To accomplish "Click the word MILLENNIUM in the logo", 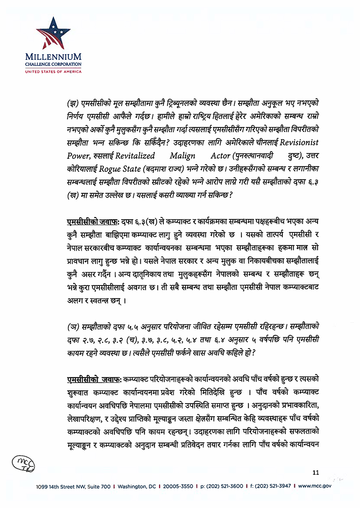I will [53, 57].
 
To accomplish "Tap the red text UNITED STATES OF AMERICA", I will [53, 72].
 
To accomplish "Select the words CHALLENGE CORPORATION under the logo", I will [53, 64].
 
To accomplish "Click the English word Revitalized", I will [135, 156].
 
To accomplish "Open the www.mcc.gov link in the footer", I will [315, 486].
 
